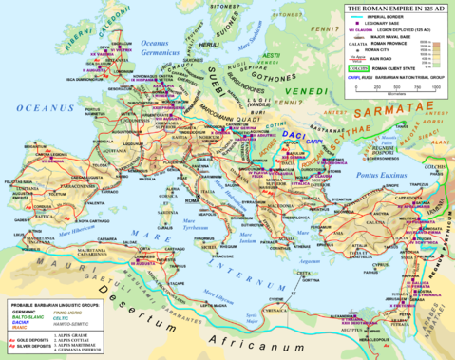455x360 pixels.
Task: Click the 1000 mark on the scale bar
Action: click(437, 87)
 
